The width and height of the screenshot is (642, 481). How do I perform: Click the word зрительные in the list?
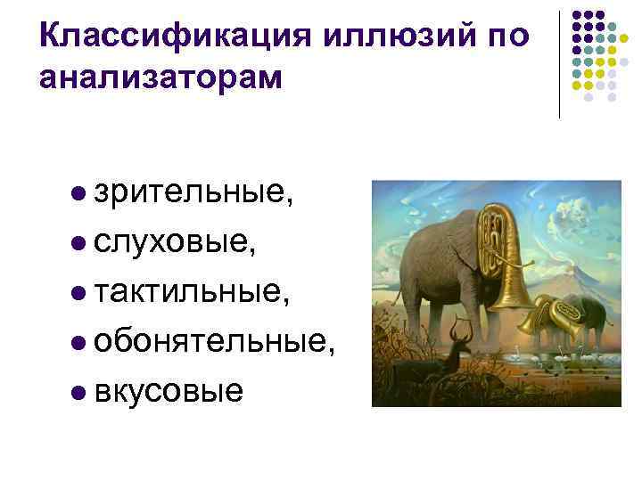tap(191, 192)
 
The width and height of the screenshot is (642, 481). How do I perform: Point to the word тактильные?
tap(190, 290)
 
